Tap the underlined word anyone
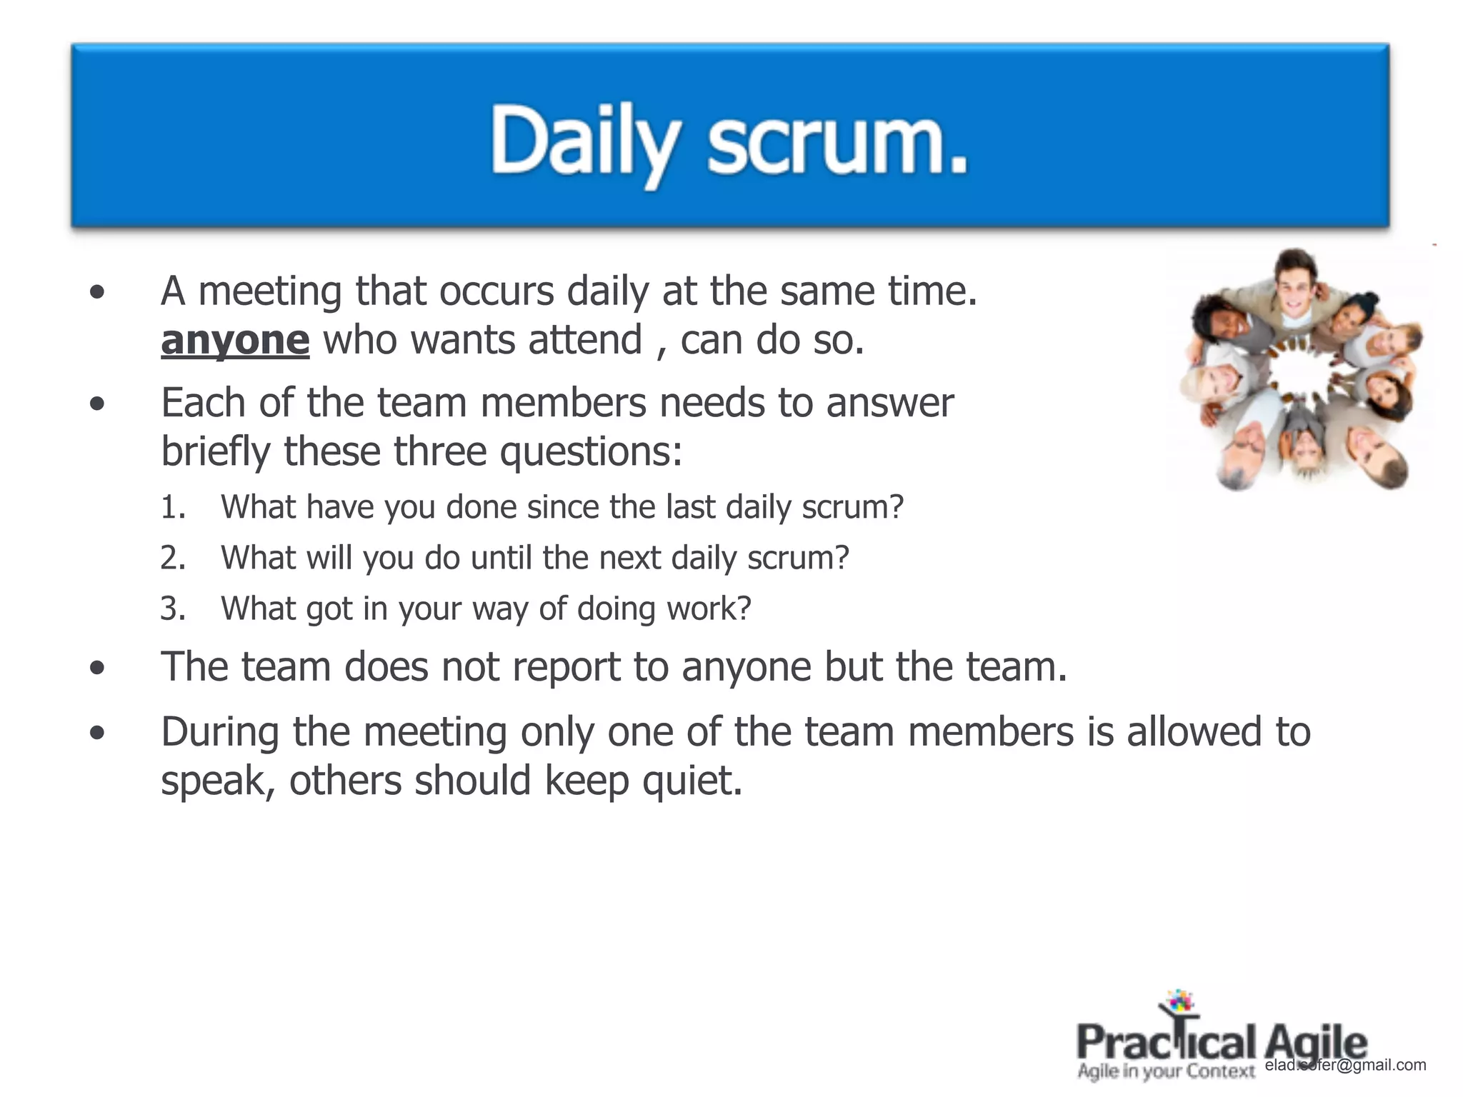coord(235,340)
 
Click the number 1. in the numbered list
coord(173,507)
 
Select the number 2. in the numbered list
coord(173,558)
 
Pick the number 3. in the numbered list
coord(173,608)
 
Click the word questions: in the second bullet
coord(591,451)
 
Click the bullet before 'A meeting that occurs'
coord(98,292)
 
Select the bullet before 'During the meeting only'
coord(98,733)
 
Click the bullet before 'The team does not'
coord(98,668)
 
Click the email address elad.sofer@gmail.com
coord(1345,1065)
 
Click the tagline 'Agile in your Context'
coord(1166,1071)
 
